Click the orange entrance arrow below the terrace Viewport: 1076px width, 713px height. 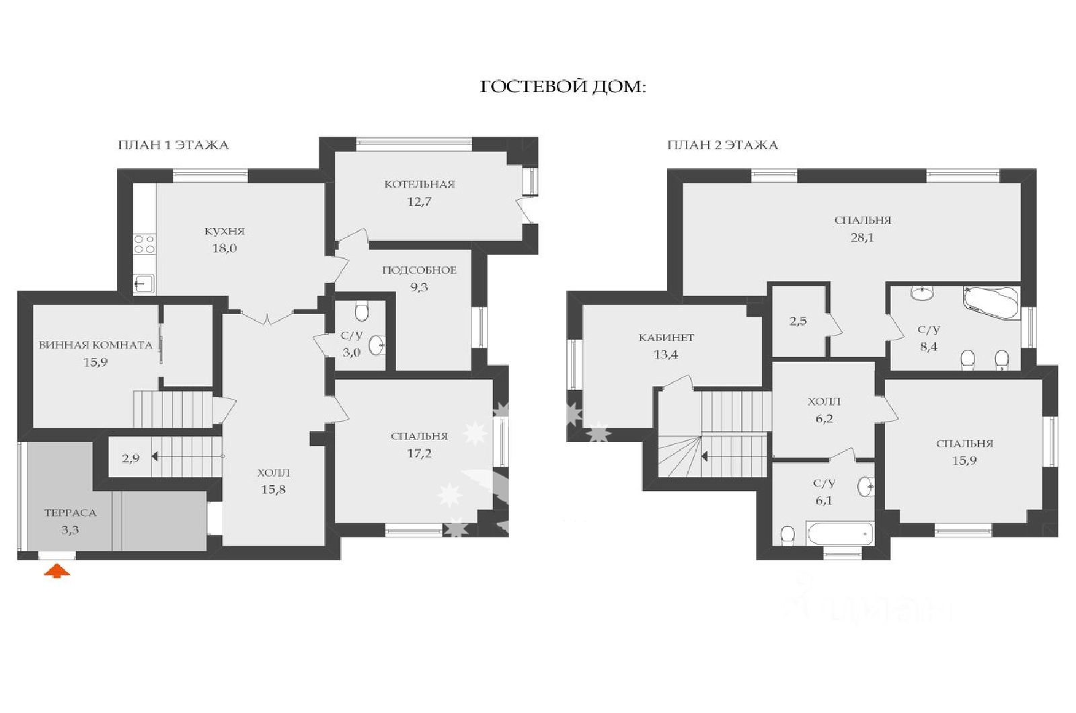57,571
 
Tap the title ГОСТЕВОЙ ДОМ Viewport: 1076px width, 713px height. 563,87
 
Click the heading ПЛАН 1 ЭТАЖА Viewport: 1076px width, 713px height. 174,145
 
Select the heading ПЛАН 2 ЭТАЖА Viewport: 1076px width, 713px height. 722,145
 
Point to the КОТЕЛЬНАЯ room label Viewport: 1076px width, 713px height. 420,184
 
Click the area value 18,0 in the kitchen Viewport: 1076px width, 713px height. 225,248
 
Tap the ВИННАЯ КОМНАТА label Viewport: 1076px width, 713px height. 95,345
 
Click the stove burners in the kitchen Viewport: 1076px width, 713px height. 144,243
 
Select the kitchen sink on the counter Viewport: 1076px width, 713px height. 144,283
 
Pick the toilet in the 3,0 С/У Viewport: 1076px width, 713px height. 362,311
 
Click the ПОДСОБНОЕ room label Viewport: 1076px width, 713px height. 420,270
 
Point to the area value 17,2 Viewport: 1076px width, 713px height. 420,453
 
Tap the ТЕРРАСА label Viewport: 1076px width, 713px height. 71,513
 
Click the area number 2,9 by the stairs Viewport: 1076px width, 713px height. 130,458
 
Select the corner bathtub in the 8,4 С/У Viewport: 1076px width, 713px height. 991,303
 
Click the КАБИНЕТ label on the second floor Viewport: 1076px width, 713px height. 666,337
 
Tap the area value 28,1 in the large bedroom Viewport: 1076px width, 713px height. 863,237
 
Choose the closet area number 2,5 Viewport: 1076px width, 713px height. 798,321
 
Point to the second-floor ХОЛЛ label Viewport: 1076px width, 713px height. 824,401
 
